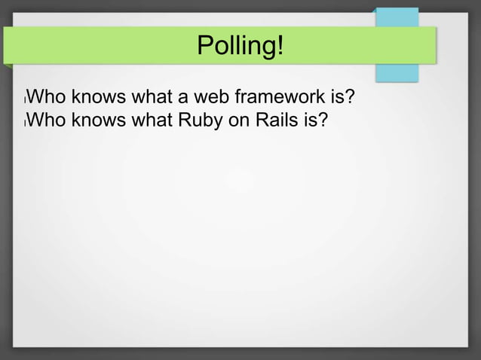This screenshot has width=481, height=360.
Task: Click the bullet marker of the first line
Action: point(25,99)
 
